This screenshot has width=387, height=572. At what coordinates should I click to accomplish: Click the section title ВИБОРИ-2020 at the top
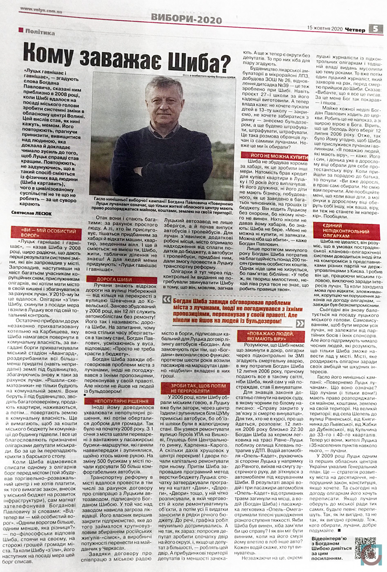(x=186, y=18)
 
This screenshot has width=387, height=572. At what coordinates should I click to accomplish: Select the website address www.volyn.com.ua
(x=41, y=13)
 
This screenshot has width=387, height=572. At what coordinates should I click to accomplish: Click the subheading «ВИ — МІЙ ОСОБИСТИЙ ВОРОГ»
(x=49, y=233)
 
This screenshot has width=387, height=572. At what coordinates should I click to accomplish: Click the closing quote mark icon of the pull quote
(x=300, y=324)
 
